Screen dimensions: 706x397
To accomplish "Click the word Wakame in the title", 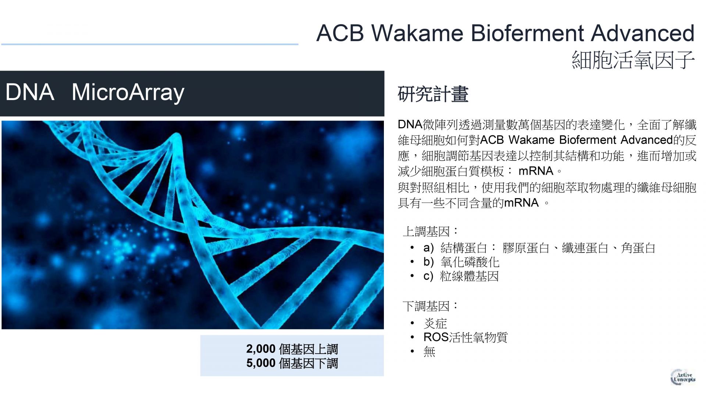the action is (x=418, y=33).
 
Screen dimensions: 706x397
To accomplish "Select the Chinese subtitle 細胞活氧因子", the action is (x=633, y=60).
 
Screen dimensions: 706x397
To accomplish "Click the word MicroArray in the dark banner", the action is (x=128, y=92).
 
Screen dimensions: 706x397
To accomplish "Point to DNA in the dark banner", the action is (x=30, y=92).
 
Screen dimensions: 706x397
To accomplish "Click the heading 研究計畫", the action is (x=433, y=94).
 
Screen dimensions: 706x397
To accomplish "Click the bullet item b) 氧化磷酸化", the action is (x=461, y=262).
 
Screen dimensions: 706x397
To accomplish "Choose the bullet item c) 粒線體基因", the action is (x=461, y=276).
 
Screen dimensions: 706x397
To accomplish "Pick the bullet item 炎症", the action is (x=435, y=323).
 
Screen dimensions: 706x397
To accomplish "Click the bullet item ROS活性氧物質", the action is (x=466, y=337).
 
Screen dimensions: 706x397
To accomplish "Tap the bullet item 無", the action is (x=429, y=351).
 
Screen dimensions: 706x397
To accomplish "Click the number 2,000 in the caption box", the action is (x=261, y=349).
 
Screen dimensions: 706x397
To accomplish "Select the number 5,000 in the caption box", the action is (x=261, y=363).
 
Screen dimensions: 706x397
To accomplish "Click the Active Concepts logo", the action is (x=683, y=377).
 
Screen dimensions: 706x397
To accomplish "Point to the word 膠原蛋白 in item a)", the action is (x=526, y=248).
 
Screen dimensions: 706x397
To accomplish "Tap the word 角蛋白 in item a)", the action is (x=638, y=248).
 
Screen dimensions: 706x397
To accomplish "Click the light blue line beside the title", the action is (x=150, y=44).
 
